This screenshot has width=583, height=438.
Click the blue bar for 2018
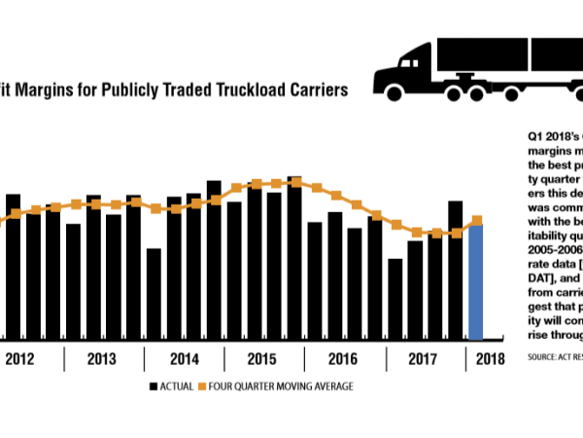[x=476, y=282]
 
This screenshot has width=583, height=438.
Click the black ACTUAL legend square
[x=154, y=386]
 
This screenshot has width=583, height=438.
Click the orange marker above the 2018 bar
[x=477, y=220]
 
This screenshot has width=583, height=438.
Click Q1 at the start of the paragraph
[x=533, y=137]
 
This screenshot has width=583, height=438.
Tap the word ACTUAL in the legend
[x=176, y=386]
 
